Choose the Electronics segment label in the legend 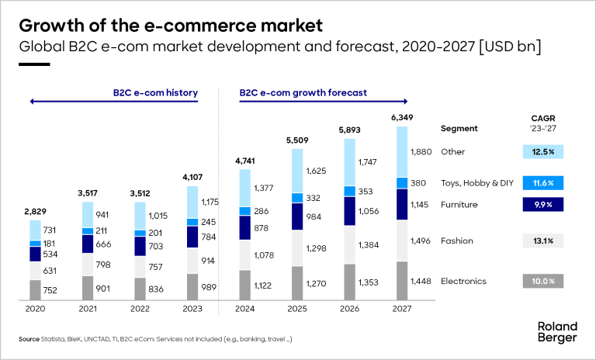(x=464, y=281)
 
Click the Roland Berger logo (x=557, y=332)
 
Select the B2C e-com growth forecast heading (x=303, y=93)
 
